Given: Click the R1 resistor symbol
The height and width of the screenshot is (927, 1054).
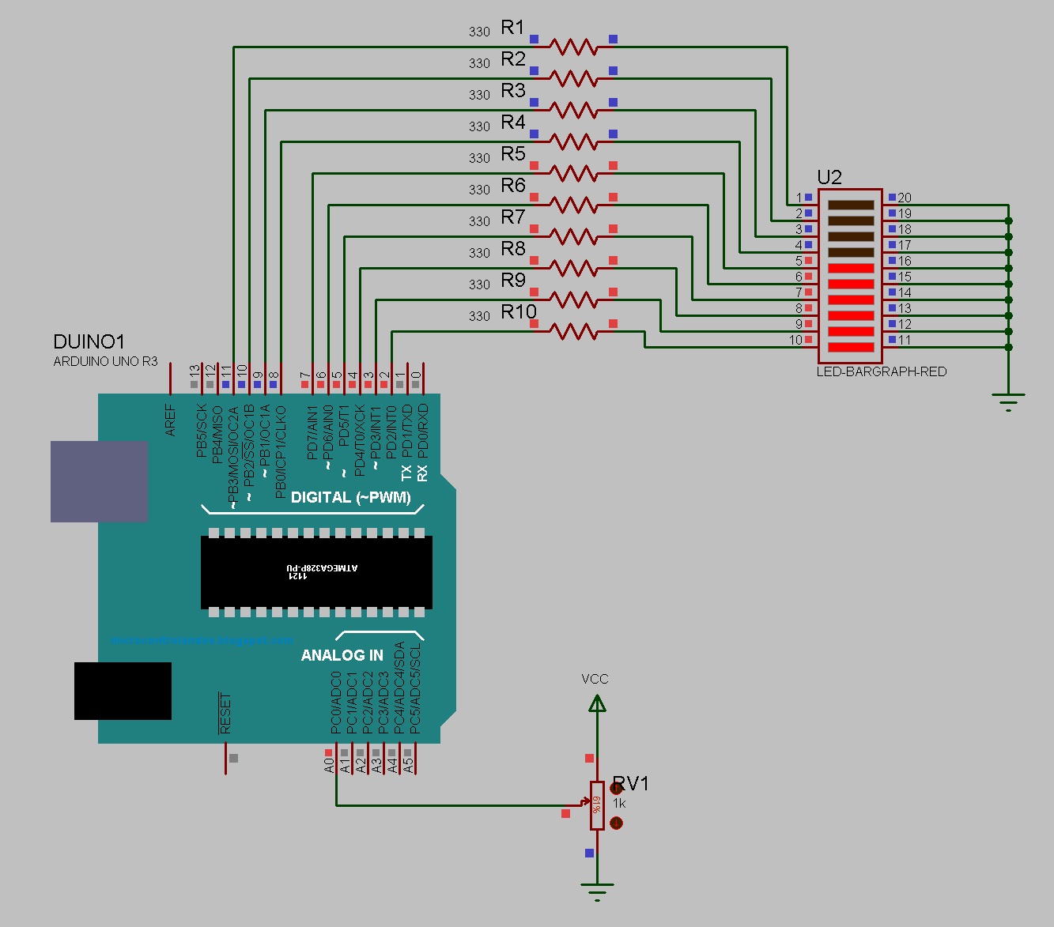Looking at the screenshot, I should [573, 47].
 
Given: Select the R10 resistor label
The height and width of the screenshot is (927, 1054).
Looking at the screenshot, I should [519, 312].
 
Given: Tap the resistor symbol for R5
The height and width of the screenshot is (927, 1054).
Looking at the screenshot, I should [573, 174].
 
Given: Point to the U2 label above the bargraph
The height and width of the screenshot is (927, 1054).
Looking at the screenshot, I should [829, 178].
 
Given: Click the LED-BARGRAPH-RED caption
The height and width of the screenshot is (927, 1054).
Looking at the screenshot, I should [881, 371].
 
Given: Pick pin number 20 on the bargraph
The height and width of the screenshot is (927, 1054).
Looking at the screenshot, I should [905, 198].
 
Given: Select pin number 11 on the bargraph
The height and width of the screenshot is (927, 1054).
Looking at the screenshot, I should [905, 340].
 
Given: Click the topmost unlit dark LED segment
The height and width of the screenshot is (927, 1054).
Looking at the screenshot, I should [851, 205].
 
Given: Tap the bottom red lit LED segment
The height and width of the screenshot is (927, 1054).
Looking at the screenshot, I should [851, 347].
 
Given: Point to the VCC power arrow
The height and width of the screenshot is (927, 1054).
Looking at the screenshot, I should [597, 703].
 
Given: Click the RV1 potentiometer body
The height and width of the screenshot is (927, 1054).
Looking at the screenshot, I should [597, 805].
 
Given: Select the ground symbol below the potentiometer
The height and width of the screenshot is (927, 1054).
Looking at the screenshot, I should [597, 892].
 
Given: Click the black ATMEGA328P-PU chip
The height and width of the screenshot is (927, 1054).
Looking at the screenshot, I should [316, 572].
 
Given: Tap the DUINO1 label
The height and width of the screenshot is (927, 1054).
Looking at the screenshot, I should [89, 342].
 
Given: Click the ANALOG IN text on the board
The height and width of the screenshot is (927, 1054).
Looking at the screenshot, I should [342, 655].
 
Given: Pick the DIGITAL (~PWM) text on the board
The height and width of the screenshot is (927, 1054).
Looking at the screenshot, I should [350, 498].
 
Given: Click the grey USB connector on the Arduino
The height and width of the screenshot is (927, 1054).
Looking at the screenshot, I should [99, 481].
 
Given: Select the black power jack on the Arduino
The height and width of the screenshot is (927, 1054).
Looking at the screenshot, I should [123, 691].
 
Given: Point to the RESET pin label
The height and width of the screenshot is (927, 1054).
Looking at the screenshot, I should [225, 714].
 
